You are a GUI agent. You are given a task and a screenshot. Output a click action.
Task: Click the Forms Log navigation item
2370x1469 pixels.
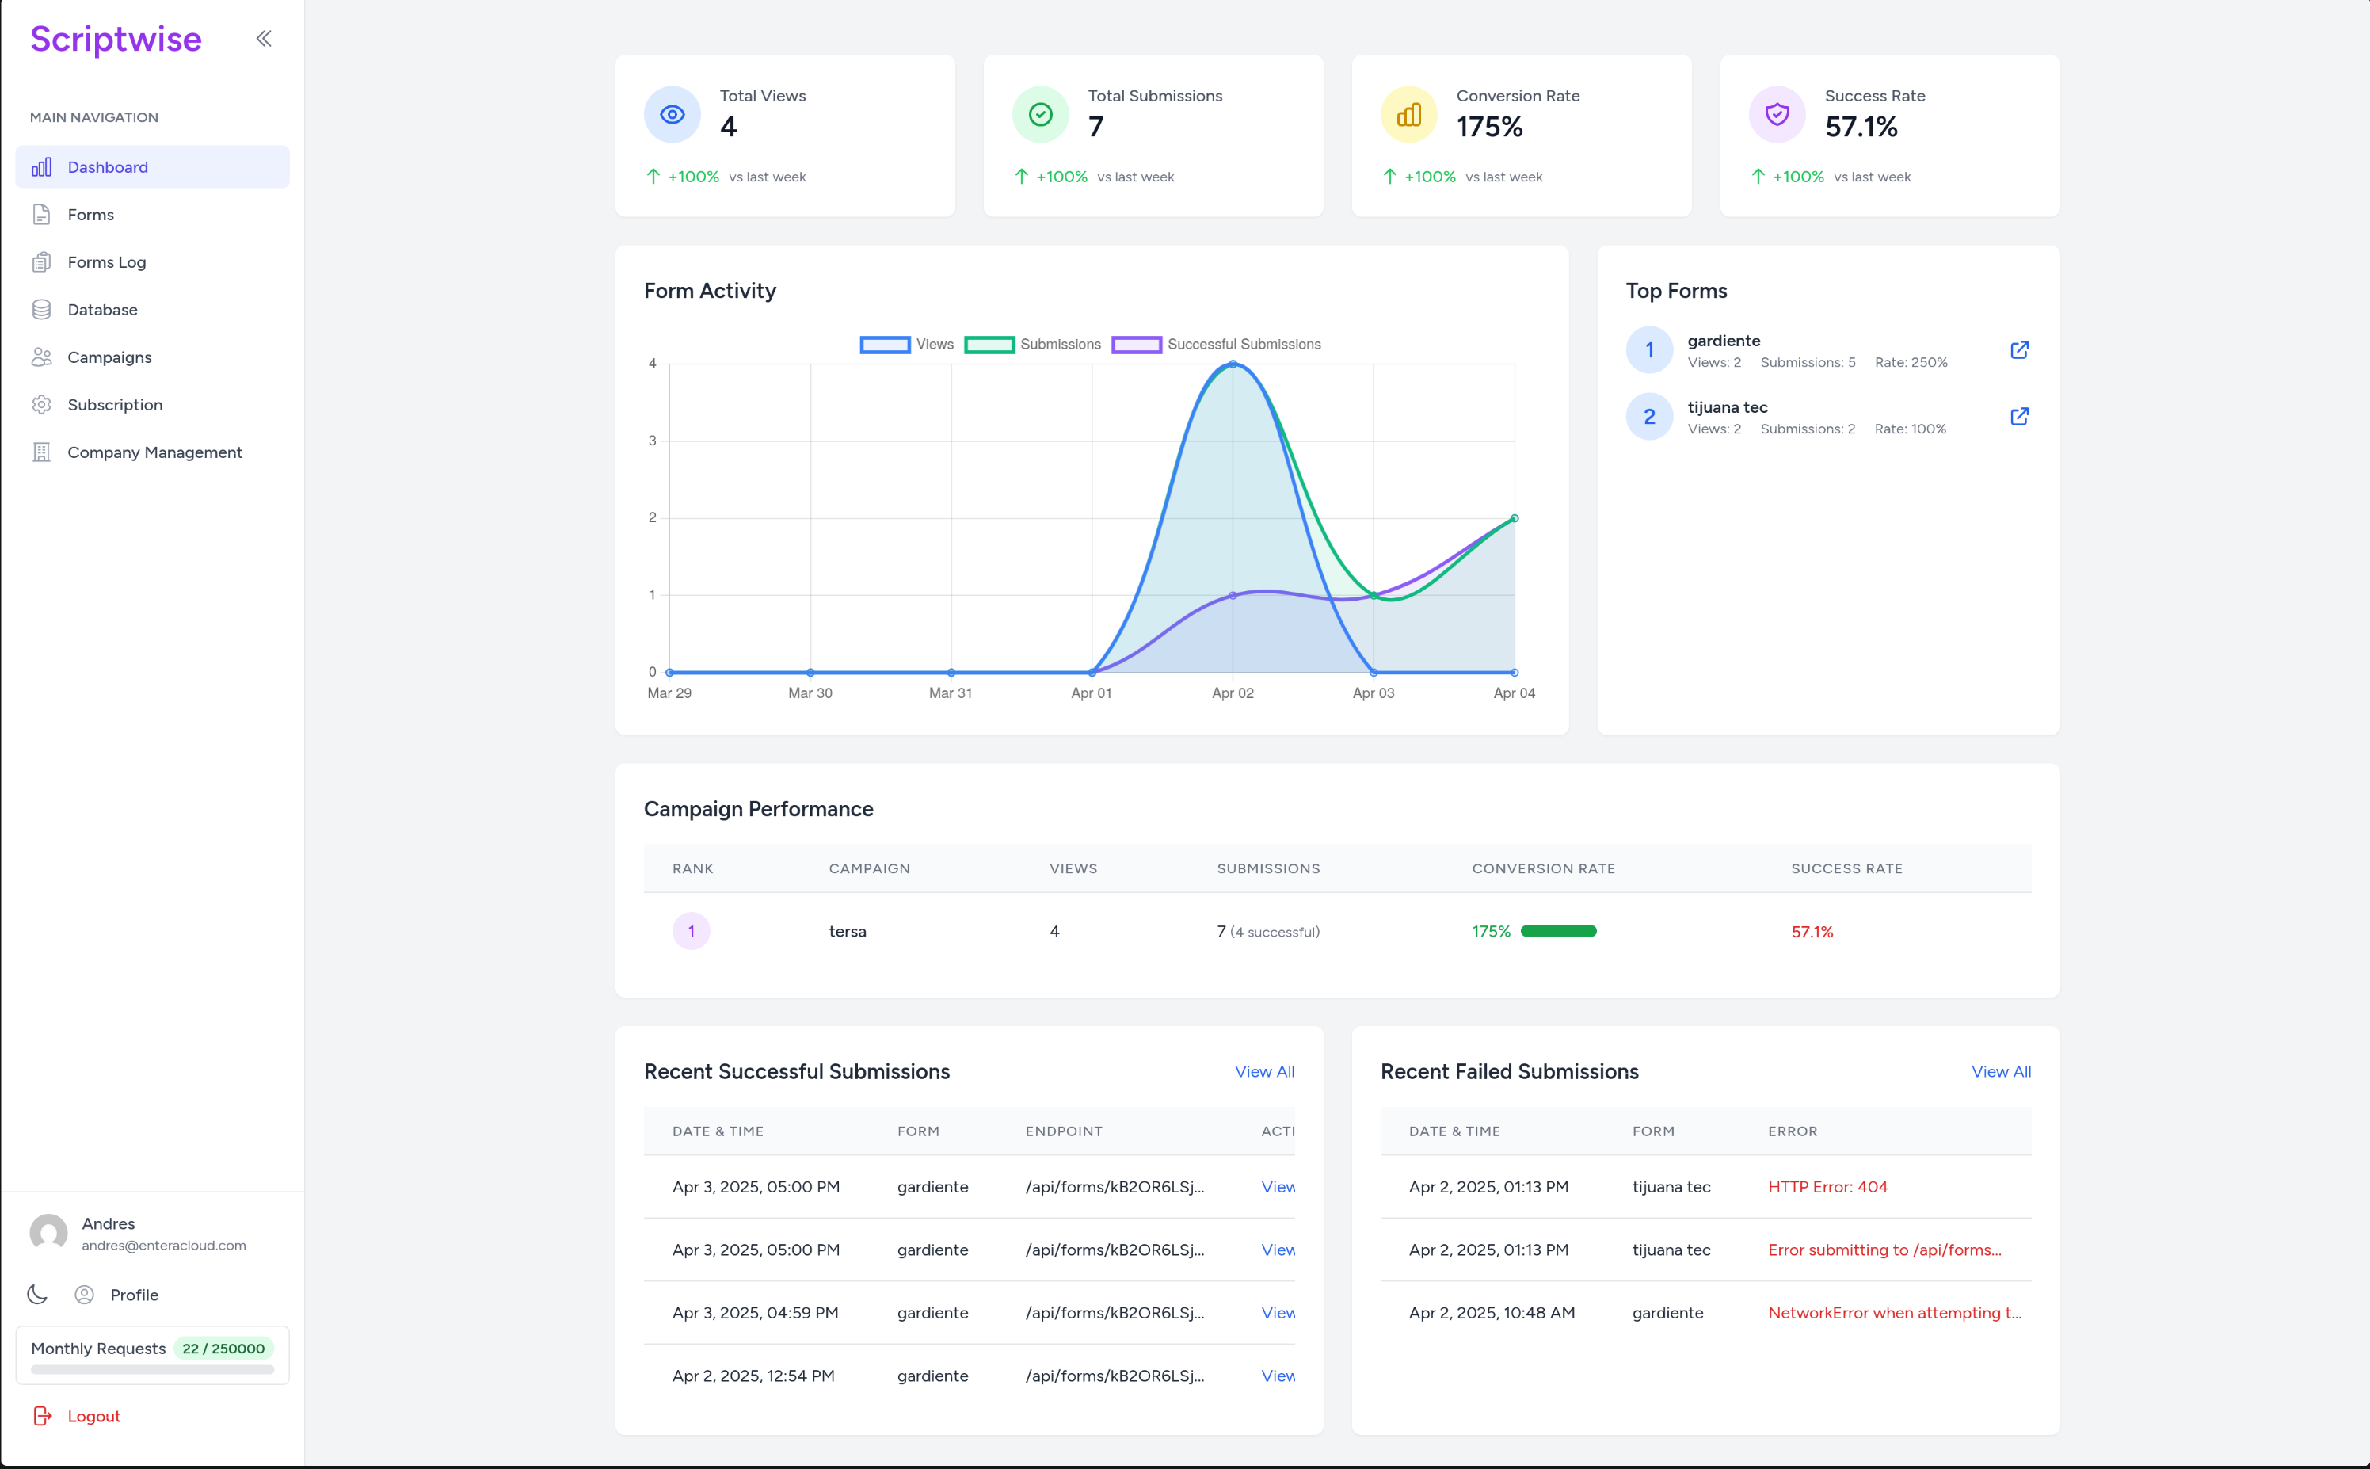[106, 262]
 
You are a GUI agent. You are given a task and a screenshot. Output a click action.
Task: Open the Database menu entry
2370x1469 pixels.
[102, 310]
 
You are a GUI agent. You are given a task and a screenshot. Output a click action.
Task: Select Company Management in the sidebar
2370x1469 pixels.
[154, 452]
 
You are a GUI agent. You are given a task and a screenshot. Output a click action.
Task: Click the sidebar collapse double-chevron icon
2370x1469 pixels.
[263, 39]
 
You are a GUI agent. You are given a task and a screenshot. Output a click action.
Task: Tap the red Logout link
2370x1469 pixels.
[93, 1417]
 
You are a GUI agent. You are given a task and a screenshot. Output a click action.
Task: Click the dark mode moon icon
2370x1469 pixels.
[38, 1294]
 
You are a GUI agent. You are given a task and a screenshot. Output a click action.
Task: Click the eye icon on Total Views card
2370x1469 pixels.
[673, 115]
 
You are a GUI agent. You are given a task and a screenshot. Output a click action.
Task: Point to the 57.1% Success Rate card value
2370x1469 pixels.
[1861, 128]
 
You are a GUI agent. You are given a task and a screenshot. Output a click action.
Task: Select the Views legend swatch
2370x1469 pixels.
[885, 345]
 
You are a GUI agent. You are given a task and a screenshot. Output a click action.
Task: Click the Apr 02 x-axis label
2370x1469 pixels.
[1233, 693]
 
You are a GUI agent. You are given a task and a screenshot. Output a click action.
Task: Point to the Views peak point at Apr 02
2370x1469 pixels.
[1233, 364]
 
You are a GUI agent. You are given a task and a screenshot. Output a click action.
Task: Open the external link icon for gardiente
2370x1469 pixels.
[2019, 349]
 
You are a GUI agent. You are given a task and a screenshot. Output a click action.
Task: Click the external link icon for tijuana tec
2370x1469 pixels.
[2019, 417]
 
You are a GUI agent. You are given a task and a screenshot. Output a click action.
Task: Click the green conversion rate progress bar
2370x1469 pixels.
[1558, 932]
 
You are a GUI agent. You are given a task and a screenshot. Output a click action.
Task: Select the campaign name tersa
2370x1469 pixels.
[847, 932]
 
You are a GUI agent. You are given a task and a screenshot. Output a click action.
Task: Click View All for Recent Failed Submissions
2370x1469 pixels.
[2001, 1071]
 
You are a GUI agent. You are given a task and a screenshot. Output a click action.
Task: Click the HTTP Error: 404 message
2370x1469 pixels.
[1828, 1187]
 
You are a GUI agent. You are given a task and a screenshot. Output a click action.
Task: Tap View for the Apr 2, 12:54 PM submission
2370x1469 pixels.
[1277, 1376]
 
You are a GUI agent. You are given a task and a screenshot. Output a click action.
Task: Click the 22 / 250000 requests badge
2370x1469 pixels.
[223, 1349]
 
